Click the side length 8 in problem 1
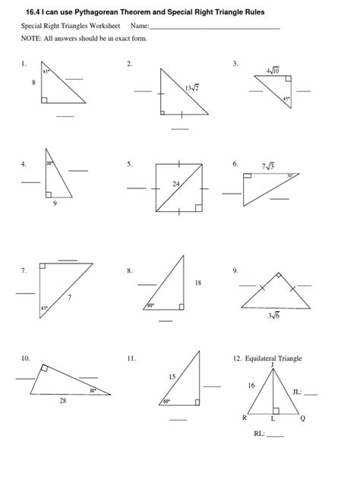pos(33,81)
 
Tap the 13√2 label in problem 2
pos(191,88)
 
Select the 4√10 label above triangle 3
pos(273,72)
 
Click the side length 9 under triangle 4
pos(54,203)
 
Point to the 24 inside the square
pos(175,184)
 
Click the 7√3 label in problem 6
pos(267,165)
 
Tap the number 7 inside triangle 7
pos(69,297)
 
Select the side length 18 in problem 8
pos(198,283)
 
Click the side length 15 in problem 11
pos(172,376)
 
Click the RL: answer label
pos(259,435)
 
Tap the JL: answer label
pos(296,393)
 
